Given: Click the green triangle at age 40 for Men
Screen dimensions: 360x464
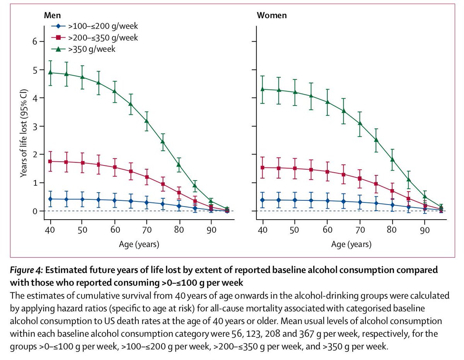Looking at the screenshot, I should pyautogui.click(x=51, y=72).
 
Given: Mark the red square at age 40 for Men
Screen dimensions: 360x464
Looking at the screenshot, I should pyautogui.click(x=51, y=161).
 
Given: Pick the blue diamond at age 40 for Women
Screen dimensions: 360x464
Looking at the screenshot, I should pyautogui.click(x=263, y=200).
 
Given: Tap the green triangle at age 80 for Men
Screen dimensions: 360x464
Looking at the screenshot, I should pyautogui.click(x=179, y=164).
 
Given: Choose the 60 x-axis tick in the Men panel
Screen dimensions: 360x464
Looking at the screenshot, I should pyautogui.click(x=114, y=230).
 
